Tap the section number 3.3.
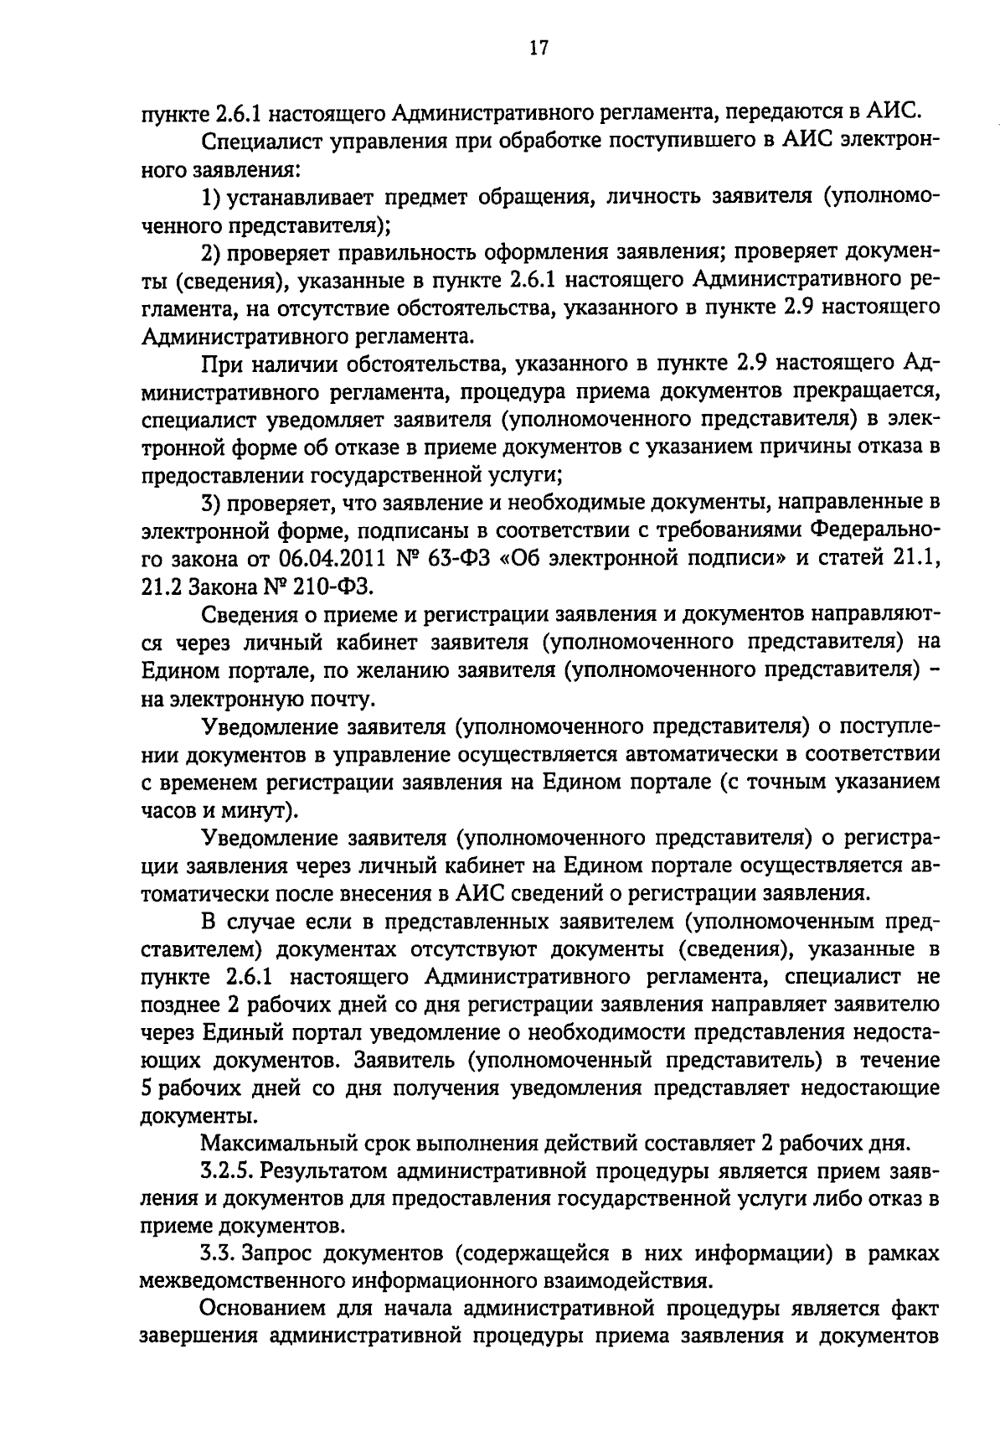[221, 1253]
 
